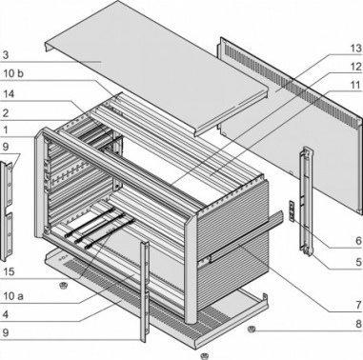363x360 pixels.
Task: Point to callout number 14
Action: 7,94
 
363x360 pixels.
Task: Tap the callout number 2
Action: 6,112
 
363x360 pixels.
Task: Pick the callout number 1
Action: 6,130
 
